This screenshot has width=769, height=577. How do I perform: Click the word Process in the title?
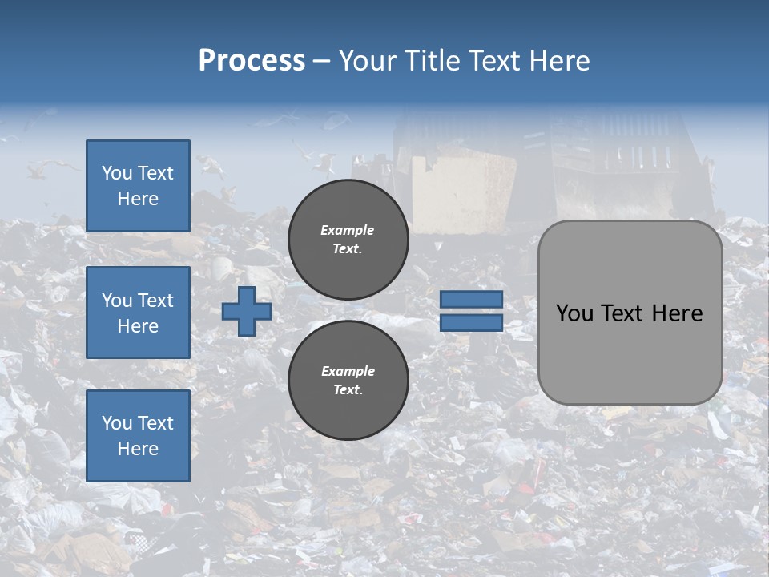pyautogui.click(x=252, y=61)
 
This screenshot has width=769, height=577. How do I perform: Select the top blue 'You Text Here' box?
pyautogui.click(x=138, y=186)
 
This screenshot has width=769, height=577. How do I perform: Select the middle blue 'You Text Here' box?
pyautogui.click(x=138, y=313)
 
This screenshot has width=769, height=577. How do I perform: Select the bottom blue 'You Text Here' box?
pyautogui.click(x=138, y=435)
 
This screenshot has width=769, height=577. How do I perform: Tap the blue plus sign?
pyautogui.click(x=247, y=311)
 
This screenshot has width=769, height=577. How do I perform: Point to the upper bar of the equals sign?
pyautogui.click(x=471, y=300)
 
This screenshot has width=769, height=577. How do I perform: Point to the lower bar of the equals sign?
pyautogui.click(x=471, y=323)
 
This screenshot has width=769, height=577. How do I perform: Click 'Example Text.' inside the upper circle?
pyautogui.click(x=348, y=239)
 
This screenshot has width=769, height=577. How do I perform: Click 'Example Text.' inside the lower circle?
pyautogui.click(x=348, y=380)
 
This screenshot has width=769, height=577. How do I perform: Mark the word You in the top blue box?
pyautogui.click(x=117, y=173)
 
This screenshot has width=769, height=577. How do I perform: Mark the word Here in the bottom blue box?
pyautogui.click(x=138, y=449)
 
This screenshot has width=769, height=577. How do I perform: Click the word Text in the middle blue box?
pyautogui.click(x=155, y=301)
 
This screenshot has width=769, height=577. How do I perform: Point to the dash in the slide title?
pyautogui.click(x=322, y=61)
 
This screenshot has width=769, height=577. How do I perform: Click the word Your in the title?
pyautogui.click(x=366, y=61)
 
